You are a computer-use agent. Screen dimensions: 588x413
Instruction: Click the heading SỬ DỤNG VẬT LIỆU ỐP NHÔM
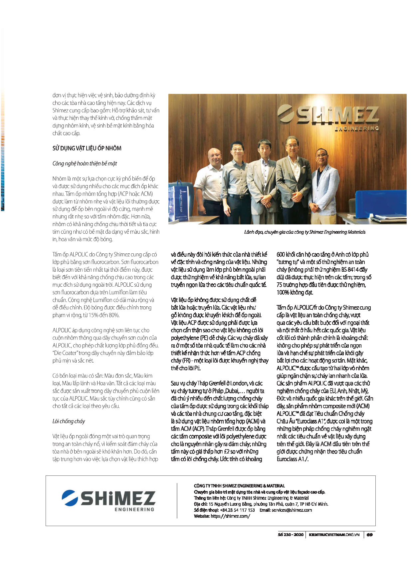click(x=87, y=148)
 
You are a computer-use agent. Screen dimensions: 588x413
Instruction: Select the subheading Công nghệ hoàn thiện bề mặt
click(x=85, y=163)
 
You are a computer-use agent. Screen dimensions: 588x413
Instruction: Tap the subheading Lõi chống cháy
click(x=69, y=421)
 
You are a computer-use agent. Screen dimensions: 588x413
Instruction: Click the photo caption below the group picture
click(x=305, y=232)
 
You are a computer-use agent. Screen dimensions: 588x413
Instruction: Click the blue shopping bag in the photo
click(x=184, y=200)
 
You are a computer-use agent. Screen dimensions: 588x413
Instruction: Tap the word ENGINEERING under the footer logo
click(x=134, y=509)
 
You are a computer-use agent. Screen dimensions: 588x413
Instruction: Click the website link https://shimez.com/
click(x=230, y=516)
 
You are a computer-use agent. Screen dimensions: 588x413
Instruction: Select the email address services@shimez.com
click(x=292, y=510)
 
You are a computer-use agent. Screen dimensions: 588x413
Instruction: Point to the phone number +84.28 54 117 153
click(x=237, y=510)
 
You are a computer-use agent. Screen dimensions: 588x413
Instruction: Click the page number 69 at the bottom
click(x=369, y=535)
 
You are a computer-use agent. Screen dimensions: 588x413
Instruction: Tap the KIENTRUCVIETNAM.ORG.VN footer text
click(x=334, y=535)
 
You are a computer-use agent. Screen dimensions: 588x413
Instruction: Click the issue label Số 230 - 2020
click(x=291, y=535)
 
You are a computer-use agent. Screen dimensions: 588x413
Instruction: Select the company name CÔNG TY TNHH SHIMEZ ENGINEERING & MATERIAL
click(x=239, y=486)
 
